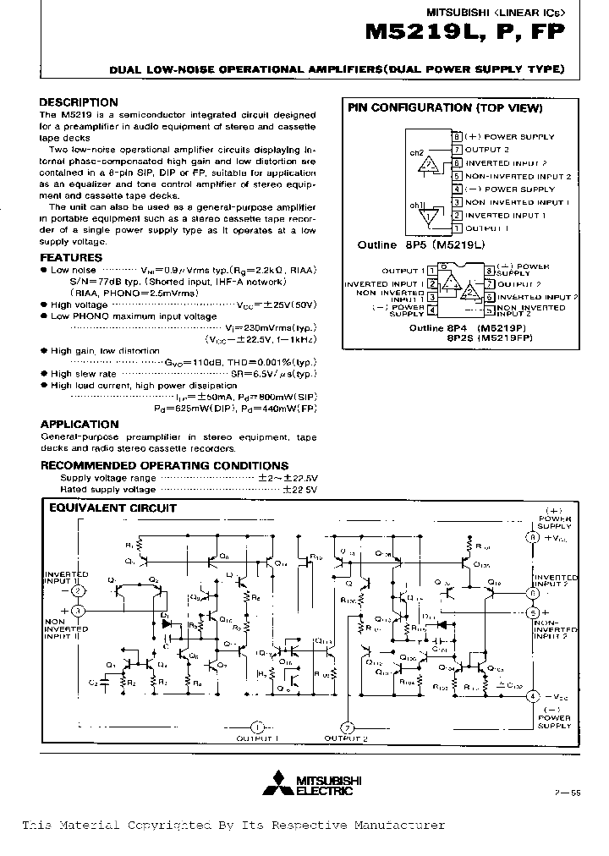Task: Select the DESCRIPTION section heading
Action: coord(79,102)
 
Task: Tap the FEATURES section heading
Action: coord(71,257)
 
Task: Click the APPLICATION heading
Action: coord(80,424)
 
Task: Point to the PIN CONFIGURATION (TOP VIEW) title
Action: coord(446,108)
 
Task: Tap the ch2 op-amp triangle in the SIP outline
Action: coord(431,163)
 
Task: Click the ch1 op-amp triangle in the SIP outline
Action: coord(431,215)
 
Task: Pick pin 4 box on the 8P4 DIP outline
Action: coord(431,311)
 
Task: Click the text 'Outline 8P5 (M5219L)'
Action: coord(420,245)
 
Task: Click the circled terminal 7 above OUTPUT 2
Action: coord(346,727)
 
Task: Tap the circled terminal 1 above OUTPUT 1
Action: coord(258,727)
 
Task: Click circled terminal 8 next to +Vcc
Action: coord(532,537)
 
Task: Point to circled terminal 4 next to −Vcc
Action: coord(532,695)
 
